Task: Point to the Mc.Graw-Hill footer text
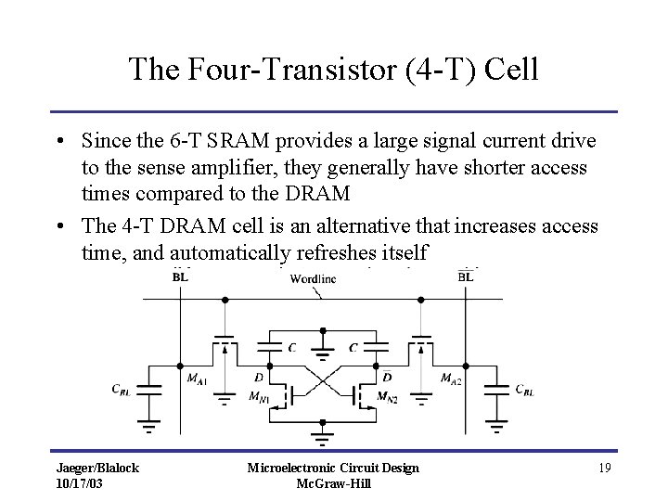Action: click(333, 483)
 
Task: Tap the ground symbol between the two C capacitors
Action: click(321, 352)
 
